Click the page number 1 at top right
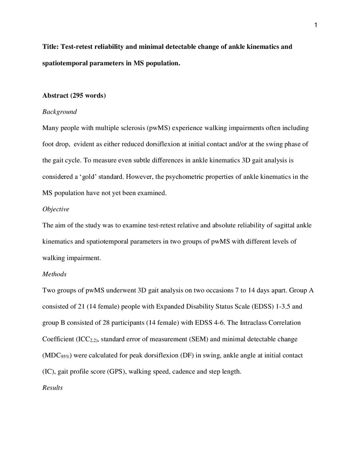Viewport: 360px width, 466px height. point(315,25)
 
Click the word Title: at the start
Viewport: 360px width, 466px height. point(51,47)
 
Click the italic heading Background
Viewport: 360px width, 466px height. point(59,112)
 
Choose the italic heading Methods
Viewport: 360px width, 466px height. point(54,274)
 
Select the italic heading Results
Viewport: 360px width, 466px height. point(53,388)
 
